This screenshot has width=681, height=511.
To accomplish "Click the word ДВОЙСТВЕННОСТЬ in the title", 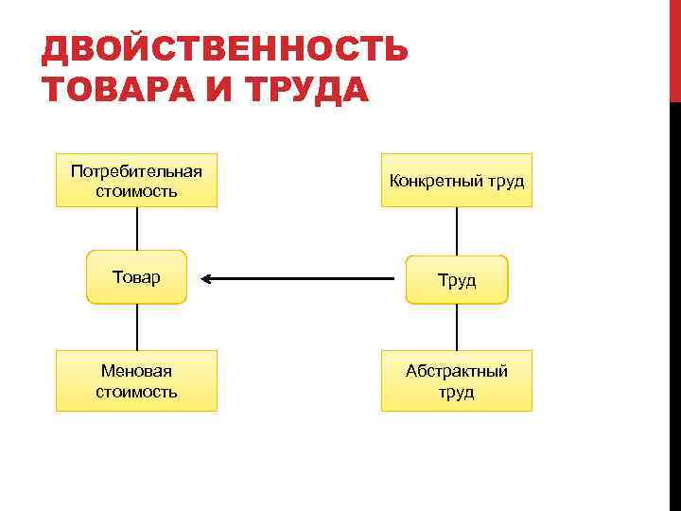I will [225, 49].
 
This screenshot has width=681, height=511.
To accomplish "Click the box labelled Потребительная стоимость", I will [136, 180].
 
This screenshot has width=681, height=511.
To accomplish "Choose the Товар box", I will [136, 277].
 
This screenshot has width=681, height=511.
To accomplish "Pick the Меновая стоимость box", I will [136, 380].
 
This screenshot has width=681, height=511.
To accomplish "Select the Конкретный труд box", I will [457, 180].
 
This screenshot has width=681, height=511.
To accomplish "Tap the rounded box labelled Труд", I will [457, 280].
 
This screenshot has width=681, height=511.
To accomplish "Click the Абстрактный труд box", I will [457, 380].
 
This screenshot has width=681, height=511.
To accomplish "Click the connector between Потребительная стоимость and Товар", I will [138, 228].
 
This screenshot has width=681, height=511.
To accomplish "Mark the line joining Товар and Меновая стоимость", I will [138, 326].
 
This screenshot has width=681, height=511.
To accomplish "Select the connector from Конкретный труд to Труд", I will [457, 231].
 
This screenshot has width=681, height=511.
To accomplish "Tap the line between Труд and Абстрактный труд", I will [457, 326].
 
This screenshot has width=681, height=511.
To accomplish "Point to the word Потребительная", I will [136, 170].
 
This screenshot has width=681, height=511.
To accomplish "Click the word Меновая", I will [136, 371].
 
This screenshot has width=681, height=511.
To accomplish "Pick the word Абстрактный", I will [457, 371].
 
